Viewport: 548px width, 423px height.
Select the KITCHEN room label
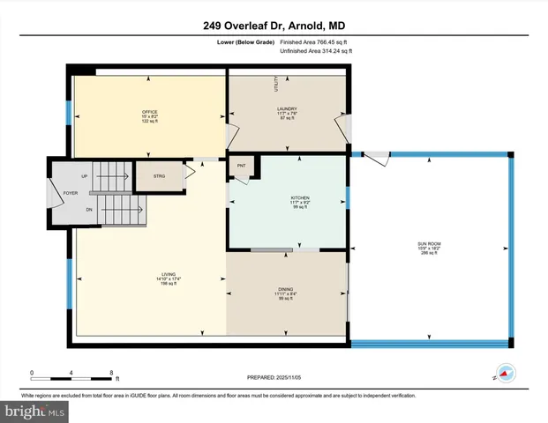[x=288, y=198]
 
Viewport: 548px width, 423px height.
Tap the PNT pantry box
[x=241, y=166]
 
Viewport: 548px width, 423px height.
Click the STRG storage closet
[x=159, y=176]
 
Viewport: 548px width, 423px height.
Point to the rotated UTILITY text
[x=276, y=85]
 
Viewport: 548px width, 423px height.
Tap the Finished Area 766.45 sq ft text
[x=315, y=41]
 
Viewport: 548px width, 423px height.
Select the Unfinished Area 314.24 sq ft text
[x=315, y=51]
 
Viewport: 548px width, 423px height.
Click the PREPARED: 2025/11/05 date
[x=274, y=379]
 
